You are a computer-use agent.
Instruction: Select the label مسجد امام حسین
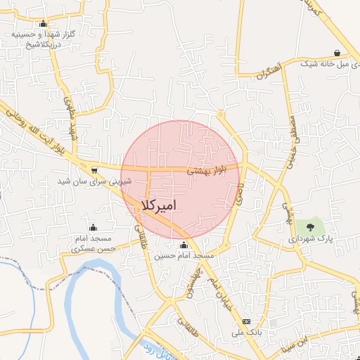tap(184, 257)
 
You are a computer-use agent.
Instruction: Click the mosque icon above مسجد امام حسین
tap(184, 245)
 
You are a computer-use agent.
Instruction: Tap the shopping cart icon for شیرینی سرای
tap(94, 170)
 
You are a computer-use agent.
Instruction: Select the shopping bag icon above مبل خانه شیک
tap(337, 53)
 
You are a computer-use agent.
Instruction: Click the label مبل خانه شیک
tap(328, 65)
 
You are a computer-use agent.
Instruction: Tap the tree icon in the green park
tap(310, 226)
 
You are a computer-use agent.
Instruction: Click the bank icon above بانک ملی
tap(245, 321)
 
